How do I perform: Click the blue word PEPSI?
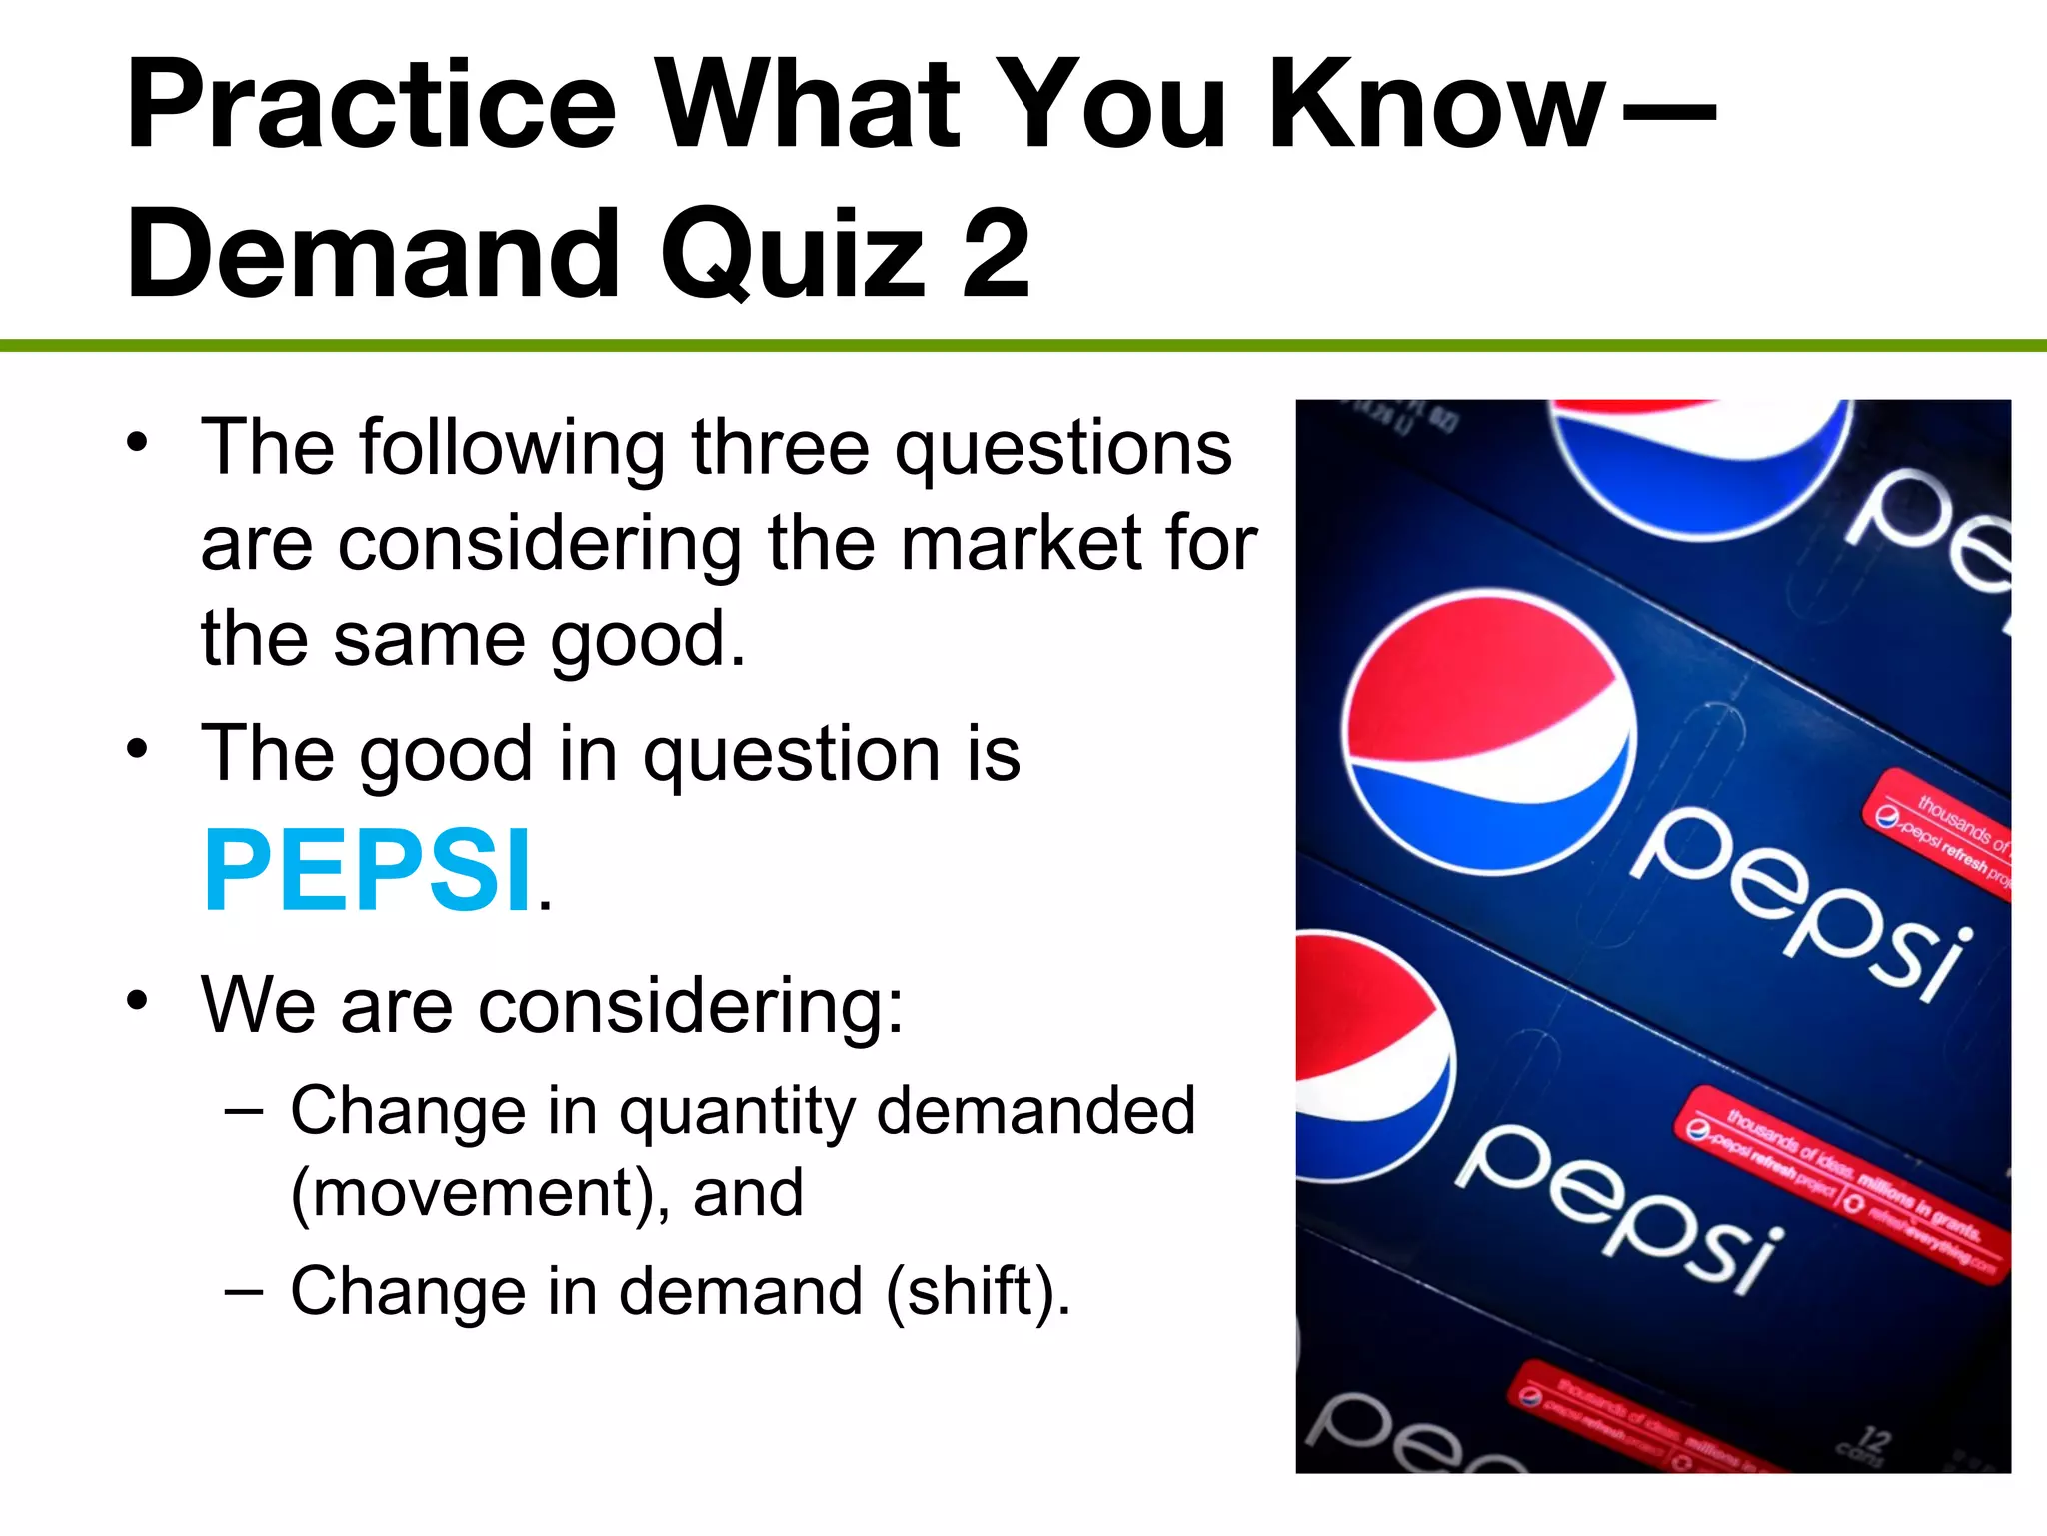click(x=368, y=871)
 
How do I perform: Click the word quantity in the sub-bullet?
click(x=736, y=1112)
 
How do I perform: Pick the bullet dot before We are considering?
click(x=138, y=1001)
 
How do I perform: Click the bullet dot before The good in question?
click(x=138, y=749)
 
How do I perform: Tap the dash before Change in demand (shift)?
click(x=244, y=1291)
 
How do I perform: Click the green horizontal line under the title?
click(x=1023, y=346)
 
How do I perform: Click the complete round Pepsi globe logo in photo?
click(x=1489, y=731)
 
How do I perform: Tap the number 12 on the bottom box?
click(x=1874, y=1440)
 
